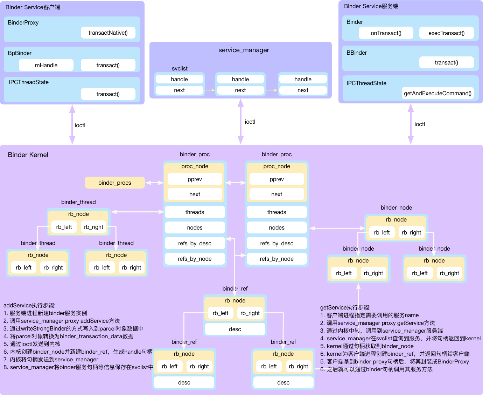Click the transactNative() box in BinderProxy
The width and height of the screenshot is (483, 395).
108,33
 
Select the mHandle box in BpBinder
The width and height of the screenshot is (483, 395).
46,65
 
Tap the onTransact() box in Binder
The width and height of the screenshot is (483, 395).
386,33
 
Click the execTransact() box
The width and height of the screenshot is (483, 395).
446,33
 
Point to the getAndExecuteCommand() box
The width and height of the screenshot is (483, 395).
437,93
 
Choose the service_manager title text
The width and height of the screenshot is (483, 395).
244,50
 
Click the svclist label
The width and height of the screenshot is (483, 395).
180,68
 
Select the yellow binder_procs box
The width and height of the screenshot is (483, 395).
114,183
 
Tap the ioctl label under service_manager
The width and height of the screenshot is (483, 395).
250,122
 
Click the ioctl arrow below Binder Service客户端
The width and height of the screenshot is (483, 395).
72,124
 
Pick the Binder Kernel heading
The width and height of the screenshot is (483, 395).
28,155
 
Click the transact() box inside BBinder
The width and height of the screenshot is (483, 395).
446,62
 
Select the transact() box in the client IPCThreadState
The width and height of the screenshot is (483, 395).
108,94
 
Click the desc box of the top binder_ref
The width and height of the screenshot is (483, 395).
235,329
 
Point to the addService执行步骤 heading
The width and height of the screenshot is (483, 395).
29,305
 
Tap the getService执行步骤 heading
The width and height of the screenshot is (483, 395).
345,307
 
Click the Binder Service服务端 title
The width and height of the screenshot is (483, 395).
371,6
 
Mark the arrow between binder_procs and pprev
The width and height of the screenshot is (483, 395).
154,183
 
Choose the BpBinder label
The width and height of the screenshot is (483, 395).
20,53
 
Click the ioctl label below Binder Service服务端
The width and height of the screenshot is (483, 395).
420,124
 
